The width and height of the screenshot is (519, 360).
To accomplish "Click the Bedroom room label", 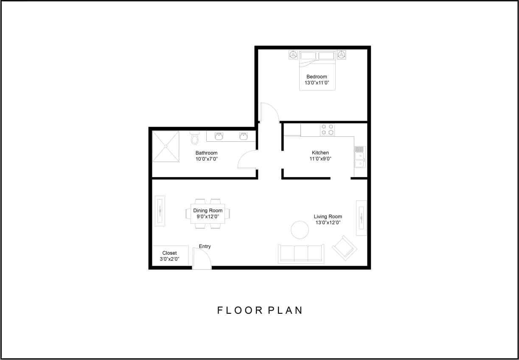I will tap(317, 77).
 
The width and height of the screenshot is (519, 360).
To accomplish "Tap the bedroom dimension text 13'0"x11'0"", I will tap(317, 83).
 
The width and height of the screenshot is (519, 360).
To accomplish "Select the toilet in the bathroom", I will tap(195, 138).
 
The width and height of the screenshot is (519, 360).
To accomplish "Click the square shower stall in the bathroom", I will tap(166, 146).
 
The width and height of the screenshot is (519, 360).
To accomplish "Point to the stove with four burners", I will tap(327, 129).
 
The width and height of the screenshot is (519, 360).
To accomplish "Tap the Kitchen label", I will tap(320, 153).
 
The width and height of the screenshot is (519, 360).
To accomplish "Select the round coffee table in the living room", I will tap(300, 230).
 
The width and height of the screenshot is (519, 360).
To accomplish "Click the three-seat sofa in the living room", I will tap(301, 253).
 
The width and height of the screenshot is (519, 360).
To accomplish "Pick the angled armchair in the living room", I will tap(345, 248).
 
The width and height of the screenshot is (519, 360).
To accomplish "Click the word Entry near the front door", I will tap(205, 247).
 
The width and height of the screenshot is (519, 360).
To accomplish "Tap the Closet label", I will tap(169, 253).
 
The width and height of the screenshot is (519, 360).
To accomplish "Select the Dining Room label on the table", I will tap(208, 211).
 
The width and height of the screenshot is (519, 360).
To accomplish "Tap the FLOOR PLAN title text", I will tap(260, 310).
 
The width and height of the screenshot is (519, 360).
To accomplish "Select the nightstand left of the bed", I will tap(293, 55).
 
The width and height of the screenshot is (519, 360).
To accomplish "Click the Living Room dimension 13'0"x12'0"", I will tap(328, 222).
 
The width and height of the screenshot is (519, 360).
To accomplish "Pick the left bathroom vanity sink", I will tap(219, 136).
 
